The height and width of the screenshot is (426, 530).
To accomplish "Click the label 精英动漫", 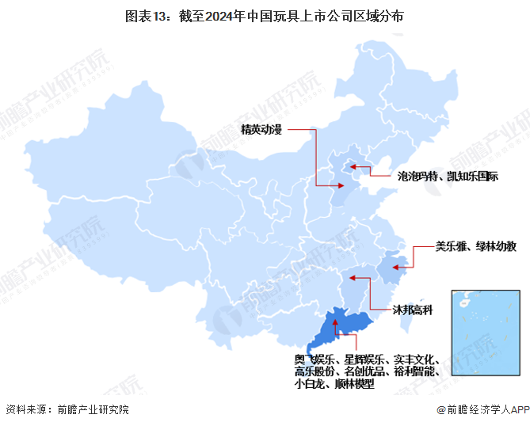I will point(261,129).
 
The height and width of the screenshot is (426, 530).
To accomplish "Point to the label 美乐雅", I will point(450,246).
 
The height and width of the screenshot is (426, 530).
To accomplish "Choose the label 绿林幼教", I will point(497,246).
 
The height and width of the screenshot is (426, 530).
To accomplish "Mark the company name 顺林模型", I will point(354,385).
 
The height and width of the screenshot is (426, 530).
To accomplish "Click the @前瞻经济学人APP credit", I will point(482,410).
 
